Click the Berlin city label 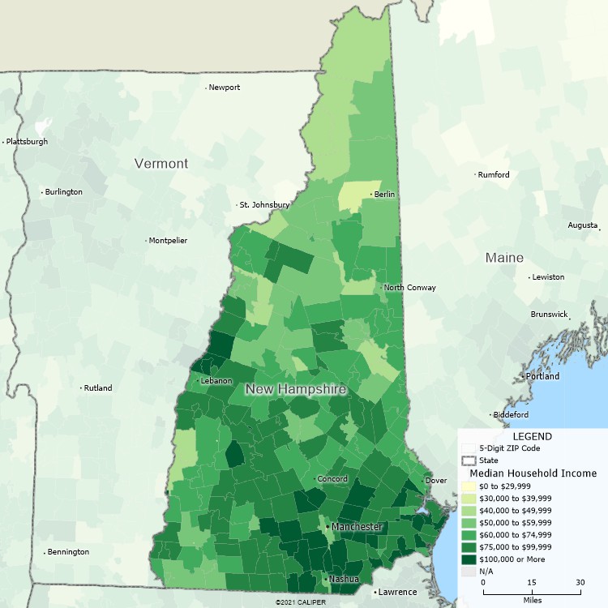[384, 195]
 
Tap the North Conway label [410, 288]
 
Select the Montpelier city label [169, 241]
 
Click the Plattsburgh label [27, 142]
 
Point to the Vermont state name [161, 164]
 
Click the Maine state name [504, 258]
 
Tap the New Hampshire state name [296, 390]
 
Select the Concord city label [332, 479]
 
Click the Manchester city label [357, 527]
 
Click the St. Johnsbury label [264, 205]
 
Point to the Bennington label [68, 552]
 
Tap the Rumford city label [494, 175]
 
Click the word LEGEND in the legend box [532, 436]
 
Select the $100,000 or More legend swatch [469, 559]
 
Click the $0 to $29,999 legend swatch [469, 486]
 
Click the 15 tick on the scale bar [532, 583]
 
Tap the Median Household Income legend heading [533, 473]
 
